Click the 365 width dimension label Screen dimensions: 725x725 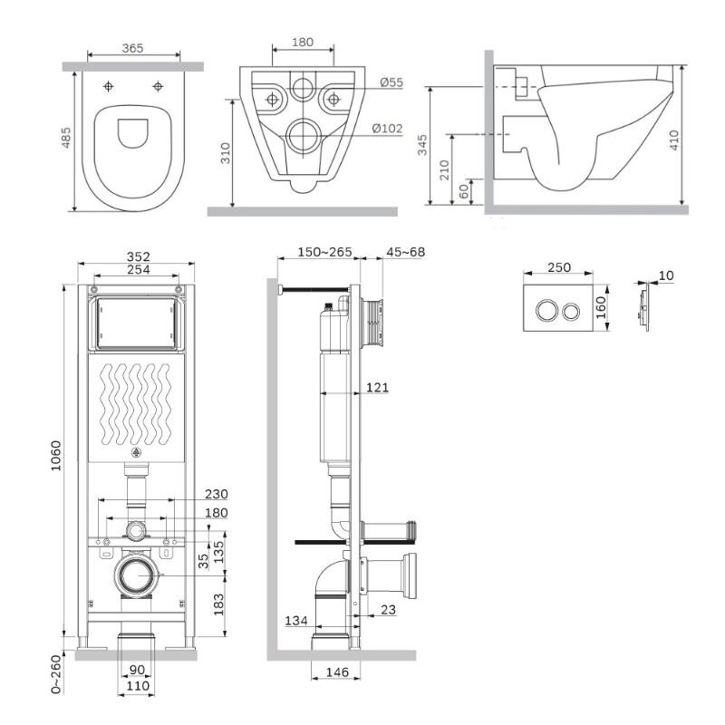pyautogui.click(x=132, y=48)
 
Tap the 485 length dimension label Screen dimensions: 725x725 pyautogui.click(x=66, y=138)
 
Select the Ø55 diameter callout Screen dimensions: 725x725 pyautogui.click(x=391, y=82)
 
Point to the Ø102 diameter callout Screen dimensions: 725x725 pyautogui.click(x=388, y=128)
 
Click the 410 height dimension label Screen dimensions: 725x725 pyautogui.click(x=673, y=140)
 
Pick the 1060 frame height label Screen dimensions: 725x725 pyautogui.click(x=56, y=456)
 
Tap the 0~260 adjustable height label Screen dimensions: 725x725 pyautogui.click(x=56, y=673)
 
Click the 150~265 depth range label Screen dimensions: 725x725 pyautogui.click(x=324, y=252)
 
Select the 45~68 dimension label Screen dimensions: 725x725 pyautogui.click(x=405, y=252)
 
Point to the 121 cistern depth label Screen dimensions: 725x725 pyautogui.click(x=377, y=387)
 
